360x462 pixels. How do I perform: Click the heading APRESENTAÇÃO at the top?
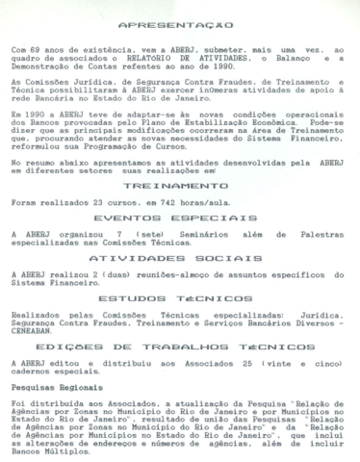click(180, 24)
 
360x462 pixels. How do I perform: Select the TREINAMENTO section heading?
click(180, 185)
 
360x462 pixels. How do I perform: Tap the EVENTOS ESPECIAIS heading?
click(180, 218)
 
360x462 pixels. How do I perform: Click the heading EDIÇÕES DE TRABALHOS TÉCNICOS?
click(180, 345)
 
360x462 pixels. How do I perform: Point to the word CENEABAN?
click(35, 328)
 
